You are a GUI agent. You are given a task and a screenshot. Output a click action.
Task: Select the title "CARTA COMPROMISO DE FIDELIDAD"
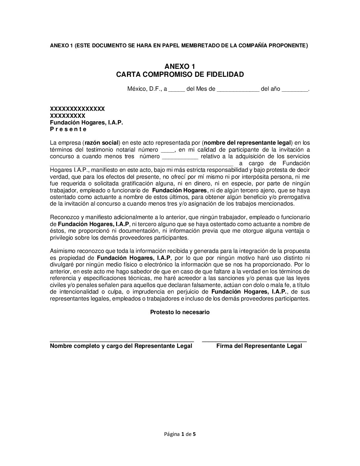[180, 74]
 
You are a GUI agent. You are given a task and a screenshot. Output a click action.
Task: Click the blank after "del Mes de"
[238, 90]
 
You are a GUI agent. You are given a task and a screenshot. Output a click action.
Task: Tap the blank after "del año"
[294, 90]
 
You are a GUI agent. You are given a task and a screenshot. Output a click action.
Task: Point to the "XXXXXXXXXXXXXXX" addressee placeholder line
[77, 109]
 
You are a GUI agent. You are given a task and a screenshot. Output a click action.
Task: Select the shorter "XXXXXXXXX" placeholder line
[67, 116]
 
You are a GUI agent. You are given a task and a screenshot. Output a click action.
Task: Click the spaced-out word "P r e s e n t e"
[68, 129]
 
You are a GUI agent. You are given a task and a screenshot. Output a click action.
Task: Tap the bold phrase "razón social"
[102, 143]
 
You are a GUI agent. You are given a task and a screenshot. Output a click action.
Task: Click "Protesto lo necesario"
[180, 312]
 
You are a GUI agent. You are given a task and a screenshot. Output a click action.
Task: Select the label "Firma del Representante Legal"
[259, 346]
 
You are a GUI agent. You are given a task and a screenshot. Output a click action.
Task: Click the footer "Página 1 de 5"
[180, 434]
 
